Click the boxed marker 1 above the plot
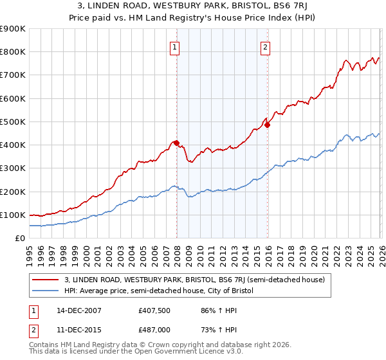click(x=175, y=46)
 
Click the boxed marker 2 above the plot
click(x=265, y=46)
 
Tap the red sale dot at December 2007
click(x=176, y=143)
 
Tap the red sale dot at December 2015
click(x=267, y=125)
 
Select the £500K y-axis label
click(x=13, y=122)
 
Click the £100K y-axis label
click(x=13, y=215)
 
